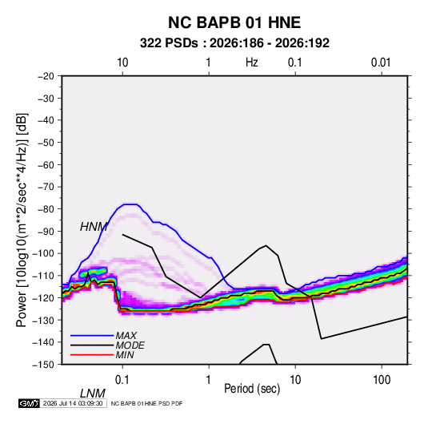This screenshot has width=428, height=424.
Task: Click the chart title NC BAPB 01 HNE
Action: click(234, 22)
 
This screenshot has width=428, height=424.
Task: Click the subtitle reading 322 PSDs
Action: click(169, 43)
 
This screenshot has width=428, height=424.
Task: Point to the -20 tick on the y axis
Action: click(46, 76)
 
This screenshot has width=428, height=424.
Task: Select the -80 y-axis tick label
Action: click(46, 209)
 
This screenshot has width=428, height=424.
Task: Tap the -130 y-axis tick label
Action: click(43, 321)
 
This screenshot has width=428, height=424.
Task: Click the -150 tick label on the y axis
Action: click(43, 365)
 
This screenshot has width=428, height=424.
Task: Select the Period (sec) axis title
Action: click(252, 389)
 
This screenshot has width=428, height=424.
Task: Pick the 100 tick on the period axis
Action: click(382, 380)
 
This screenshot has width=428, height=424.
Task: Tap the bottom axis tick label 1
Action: click(208, 380)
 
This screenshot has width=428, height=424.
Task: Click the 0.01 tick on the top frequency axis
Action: click(381, 63)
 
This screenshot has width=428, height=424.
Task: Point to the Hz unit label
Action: click(252, 63)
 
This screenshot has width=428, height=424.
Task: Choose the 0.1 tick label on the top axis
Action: click(294, 63)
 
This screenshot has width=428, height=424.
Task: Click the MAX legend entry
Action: click(126, 336)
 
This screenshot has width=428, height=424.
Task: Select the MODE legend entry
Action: click(130, 345)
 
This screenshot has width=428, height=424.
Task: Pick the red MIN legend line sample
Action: click(92, 355)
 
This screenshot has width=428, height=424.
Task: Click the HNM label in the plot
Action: click(94, 227)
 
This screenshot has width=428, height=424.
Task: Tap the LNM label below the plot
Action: click(93, 394)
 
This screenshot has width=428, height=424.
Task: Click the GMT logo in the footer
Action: click(29, 403)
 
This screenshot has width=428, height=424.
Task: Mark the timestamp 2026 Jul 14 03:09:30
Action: click(73, 403)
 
